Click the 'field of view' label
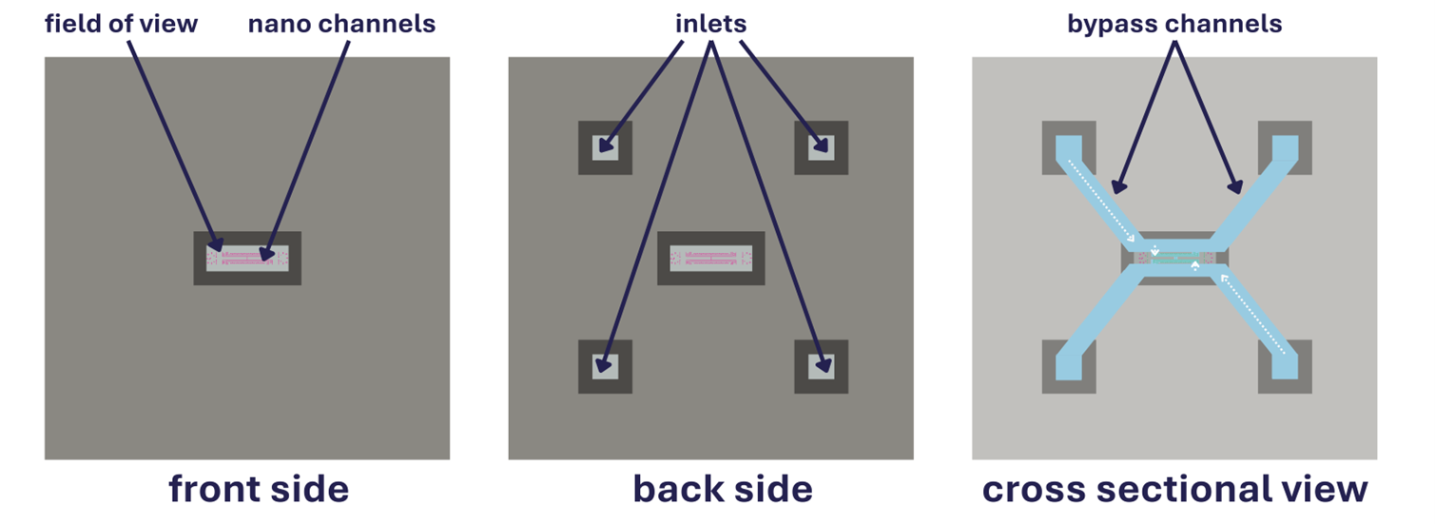click(x=121, y=24)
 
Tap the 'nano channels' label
click(x=341, y=24)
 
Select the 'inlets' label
click(x=710, y=24)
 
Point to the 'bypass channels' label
click(x=1174, y=24)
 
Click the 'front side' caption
click(x=259, y=489)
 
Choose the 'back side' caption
click(x=723, y=489)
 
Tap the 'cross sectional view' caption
click(x=1174, y=489)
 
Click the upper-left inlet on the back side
click(x=605, y=148)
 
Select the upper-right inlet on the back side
click(x=821, y=148)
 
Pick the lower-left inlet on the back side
click(x=605, y=366)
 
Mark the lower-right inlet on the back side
click(x=821, y=366)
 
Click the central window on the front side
click(x=247, y=258)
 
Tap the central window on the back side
click(x=711, y=258)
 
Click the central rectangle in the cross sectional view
click(x=1175, y=258)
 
